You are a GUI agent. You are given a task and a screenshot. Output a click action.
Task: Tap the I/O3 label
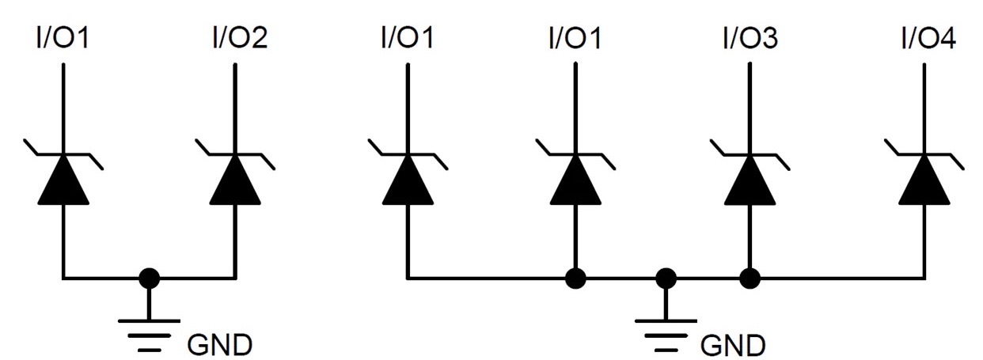coord(749,38)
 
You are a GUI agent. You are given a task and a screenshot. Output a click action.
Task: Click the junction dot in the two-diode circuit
coord(148,278)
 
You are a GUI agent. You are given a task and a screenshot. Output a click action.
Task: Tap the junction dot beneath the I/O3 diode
coord(749,278)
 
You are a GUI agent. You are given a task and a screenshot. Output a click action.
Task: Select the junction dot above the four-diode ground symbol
coord(666,278)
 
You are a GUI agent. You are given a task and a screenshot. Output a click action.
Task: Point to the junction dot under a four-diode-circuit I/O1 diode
coord(575,278)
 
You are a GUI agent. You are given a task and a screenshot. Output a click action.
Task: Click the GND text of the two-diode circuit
coord(220,345)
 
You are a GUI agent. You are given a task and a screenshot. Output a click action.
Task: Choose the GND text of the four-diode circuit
coord(734,345)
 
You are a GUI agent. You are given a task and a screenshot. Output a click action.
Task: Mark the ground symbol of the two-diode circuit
coord(148,332)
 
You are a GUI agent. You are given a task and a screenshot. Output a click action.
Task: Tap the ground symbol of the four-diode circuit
coord(666,332)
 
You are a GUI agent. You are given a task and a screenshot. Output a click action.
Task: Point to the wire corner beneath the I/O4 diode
coord(923,278)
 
